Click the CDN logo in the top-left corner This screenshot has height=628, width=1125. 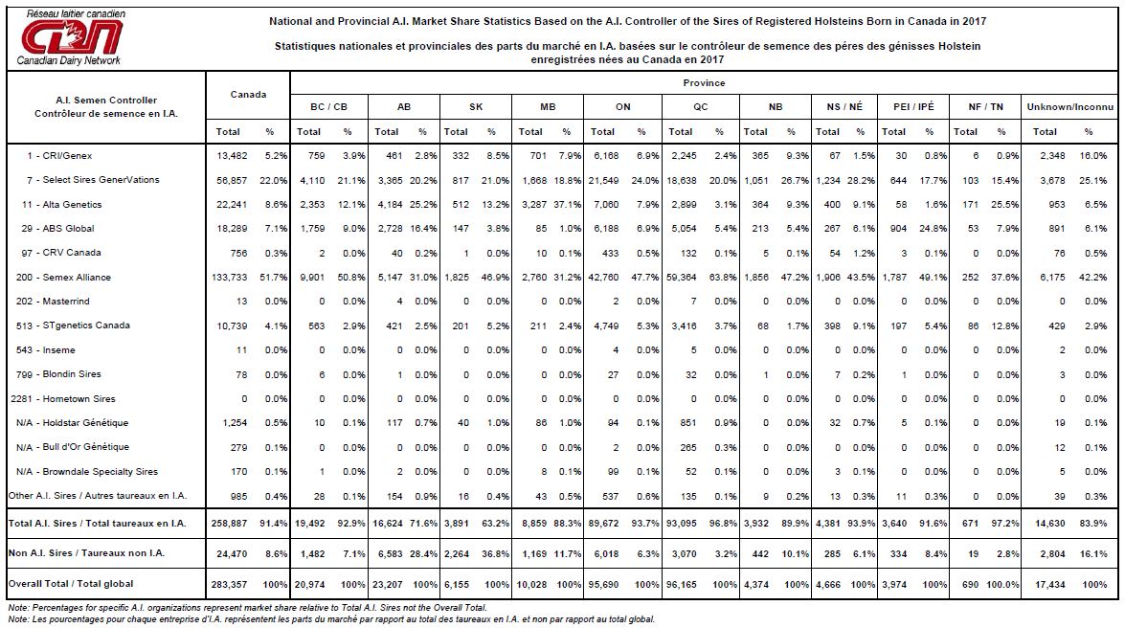coord(70,37)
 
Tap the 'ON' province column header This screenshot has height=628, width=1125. coord(622,107)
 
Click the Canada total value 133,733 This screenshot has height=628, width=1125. coord(230,277)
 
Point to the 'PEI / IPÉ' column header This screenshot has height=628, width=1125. coord(913,107)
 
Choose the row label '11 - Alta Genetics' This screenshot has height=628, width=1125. coord(61,205)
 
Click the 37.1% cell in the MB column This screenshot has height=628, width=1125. coord(568,205)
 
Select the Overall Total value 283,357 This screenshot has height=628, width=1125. coord(229,584)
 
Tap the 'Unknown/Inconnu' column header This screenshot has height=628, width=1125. coord(1069,107)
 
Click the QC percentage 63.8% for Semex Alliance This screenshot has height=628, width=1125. coord(723,277)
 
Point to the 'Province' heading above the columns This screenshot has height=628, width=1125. coord(704,83)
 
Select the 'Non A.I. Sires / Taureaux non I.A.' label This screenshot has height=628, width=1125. coord(86,553)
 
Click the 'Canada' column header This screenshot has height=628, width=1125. coord(248,95)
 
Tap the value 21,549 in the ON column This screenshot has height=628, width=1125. coord(603,180)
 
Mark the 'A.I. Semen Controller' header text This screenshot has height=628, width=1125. coord(106,101)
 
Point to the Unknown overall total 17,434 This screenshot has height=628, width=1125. coord(1049,584)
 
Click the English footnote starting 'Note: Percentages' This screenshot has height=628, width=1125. coord(248,608)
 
